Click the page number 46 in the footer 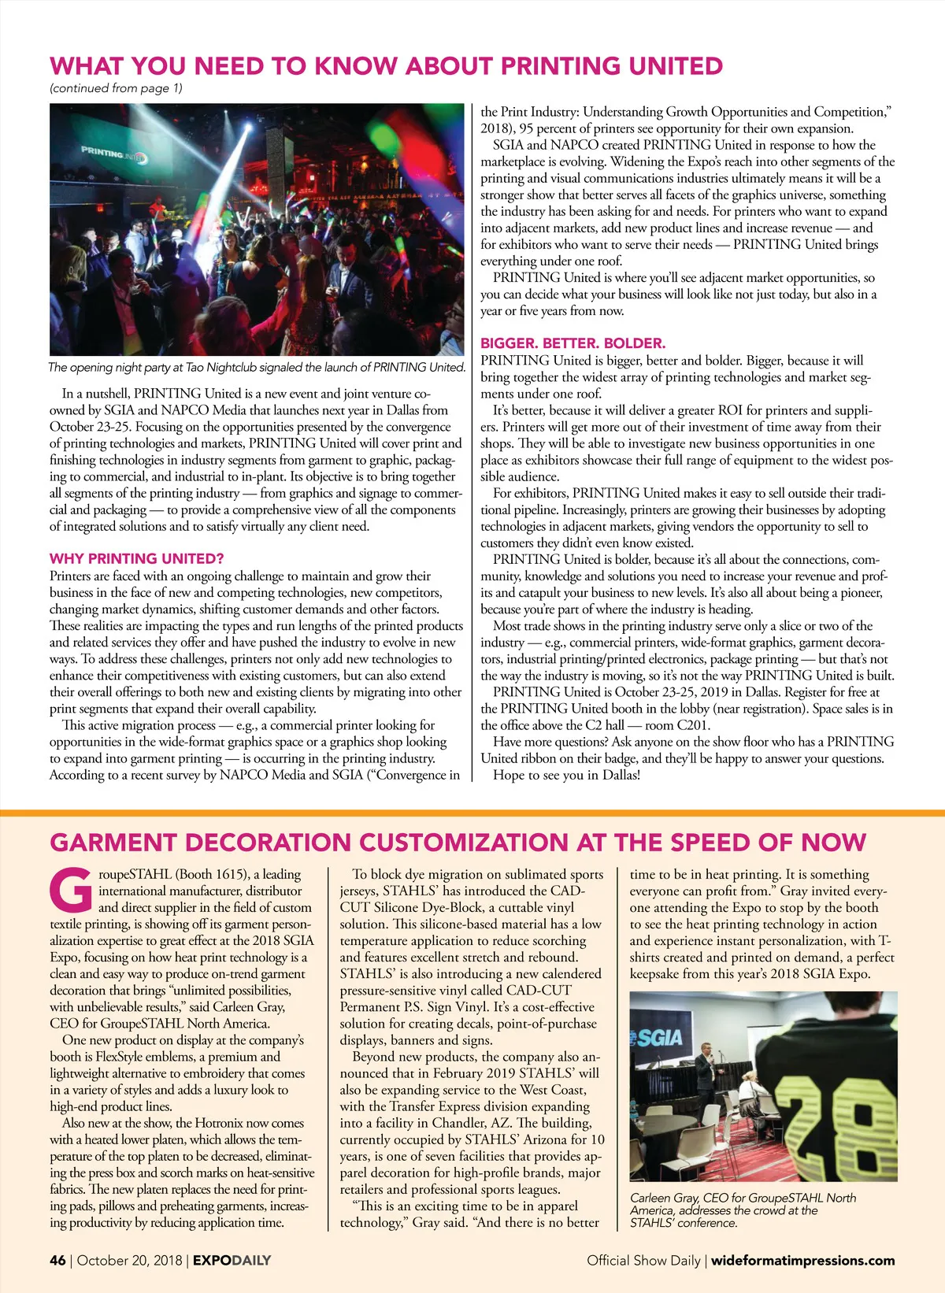pos(57,1260)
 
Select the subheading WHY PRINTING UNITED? pos(136,558)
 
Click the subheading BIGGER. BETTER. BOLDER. pos(573,343)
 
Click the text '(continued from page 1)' pos(116,88)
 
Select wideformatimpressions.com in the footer pos(802,1260)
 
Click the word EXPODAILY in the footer pos(232,1260)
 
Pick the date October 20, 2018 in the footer pos(130,1260)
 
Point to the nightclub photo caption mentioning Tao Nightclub pos(257,367)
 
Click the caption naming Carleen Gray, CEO pos(743,1210)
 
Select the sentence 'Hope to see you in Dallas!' pos(566,775)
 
